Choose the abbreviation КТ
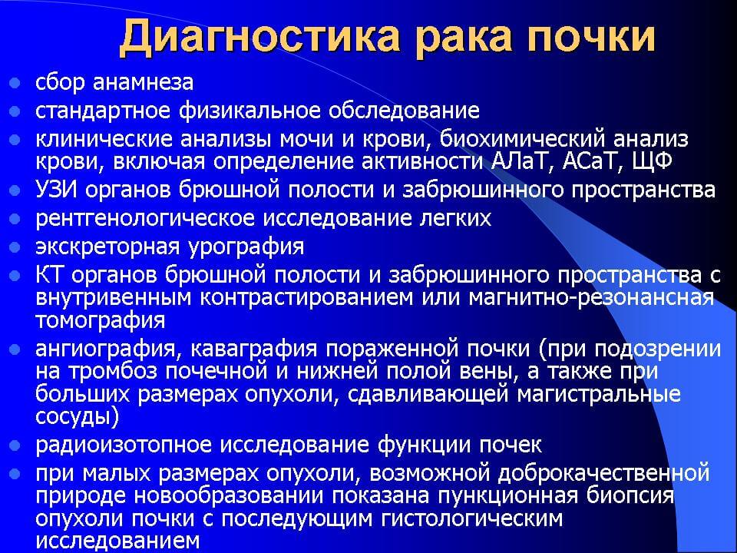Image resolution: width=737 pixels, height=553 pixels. pyautogui.click(x=50, y=275)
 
